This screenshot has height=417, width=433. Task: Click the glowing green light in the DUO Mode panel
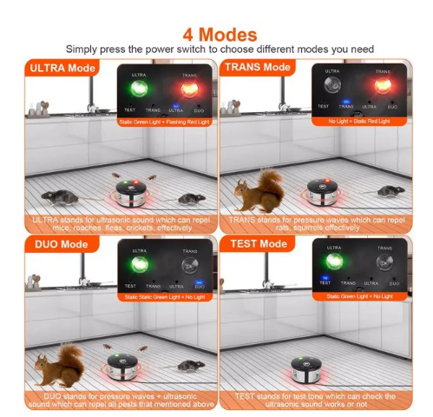(136, 264)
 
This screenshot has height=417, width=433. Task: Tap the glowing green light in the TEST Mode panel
(331, 264)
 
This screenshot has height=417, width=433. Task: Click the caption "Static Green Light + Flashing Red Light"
(164, 122)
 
